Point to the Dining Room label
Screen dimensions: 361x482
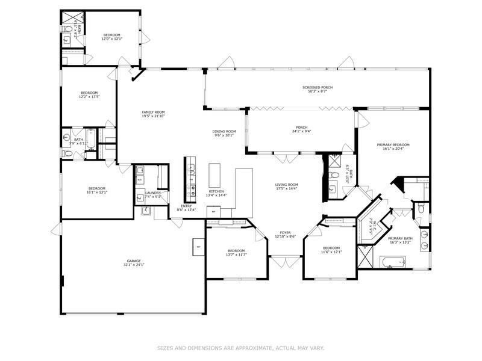click(223, 133)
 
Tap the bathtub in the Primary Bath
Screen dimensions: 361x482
click(392, 261)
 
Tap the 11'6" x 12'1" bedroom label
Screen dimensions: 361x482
click(331, 250)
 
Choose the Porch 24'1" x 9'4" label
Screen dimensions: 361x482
click(301, 129)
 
